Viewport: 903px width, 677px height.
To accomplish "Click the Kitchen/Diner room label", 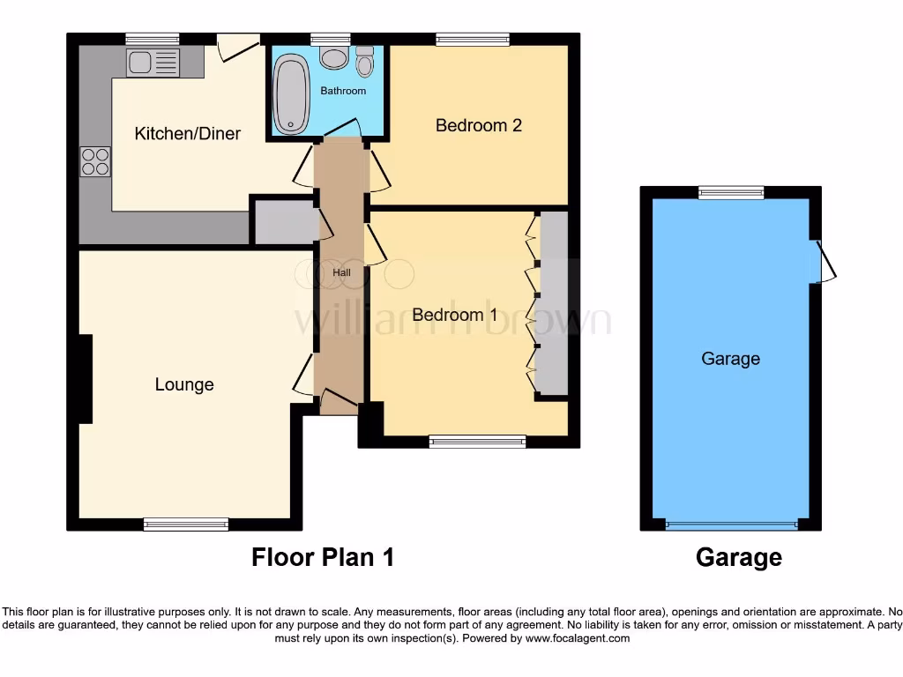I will coord(187,134).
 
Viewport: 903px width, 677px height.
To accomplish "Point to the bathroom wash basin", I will coord(332,58).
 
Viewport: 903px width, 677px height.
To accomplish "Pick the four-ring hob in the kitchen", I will coord(95,161).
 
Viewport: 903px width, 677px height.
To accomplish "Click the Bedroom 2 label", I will coord(479,125).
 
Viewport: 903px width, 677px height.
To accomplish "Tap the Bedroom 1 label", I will coord(454,315).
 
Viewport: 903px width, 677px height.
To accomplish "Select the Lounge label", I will coord(184,384).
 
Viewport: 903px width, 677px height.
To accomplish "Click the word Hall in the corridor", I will coord(341,272).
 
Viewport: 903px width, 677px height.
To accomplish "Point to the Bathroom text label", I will coord(343,91).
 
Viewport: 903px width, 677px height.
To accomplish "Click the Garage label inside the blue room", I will coord(730,359).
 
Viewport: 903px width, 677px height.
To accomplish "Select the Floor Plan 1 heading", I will coord(322,557).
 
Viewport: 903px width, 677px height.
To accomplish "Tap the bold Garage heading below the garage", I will coord(738,557).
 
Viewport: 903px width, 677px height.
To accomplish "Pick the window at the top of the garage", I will coord(731,192).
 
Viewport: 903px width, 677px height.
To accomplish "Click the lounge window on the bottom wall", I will coord(186,524).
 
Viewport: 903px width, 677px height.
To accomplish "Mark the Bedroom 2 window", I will coord(473,39).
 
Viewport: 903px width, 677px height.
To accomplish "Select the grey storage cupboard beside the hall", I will coord(284,222).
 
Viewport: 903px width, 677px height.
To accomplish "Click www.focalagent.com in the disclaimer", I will coord(578,638).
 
